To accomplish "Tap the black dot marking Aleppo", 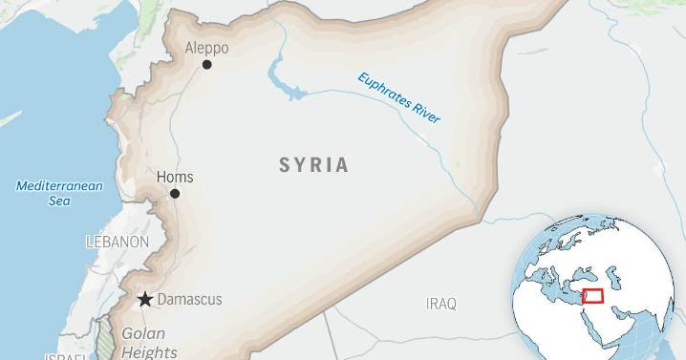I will tap(206, 65).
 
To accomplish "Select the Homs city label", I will tap(175, 178).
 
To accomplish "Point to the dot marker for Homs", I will tap(175, 193).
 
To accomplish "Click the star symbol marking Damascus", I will tap(145, 300).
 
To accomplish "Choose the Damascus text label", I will tap(189, 300).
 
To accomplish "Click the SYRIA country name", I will tap(313, 165).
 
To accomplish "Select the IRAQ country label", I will tap(440, 304).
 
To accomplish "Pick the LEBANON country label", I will tap(117, 242).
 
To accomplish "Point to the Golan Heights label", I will tap(143, 343).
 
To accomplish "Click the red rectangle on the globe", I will tap(592, 297).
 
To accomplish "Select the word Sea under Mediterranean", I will tap(59, 201).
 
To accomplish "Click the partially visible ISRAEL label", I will tap(64, 355).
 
